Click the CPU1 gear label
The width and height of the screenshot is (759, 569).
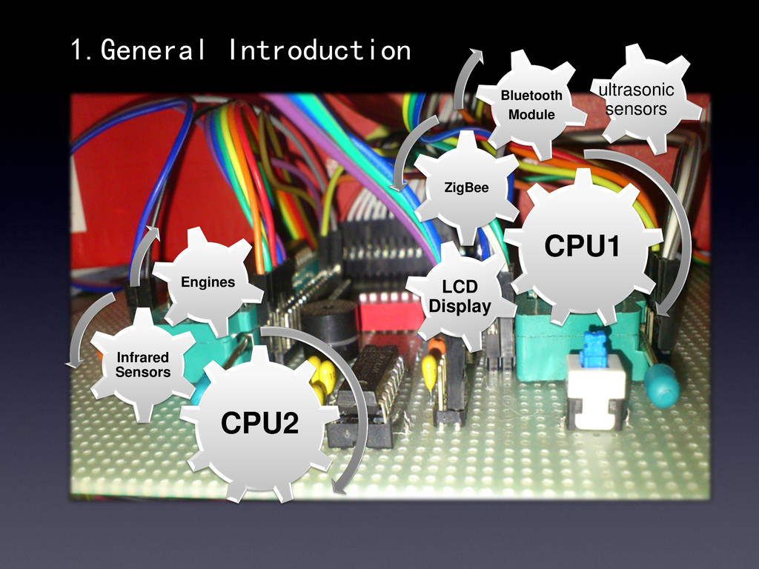point(582,247)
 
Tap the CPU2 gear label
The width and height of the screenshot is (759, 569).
point(259,424)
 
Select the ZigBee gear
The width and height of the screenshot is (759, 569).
point(466,187)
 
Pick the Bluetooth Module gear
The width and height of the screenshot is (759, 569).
point(531,104)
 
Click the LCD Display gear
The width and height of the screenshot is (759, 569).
point(460,296)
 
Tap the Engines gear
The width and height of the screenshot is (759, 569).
point(208,282)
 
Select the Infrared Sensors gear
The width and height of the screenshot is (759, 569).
point(142,365)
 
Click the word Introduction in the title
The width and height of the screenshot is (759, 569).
point(319,50)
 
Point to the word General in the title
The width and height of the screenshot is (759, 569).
point(153,50)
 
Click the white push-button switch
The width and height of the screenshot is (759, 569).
point(596,393)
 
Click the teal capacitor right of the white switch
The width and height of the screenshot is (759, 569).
point(661,385)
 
